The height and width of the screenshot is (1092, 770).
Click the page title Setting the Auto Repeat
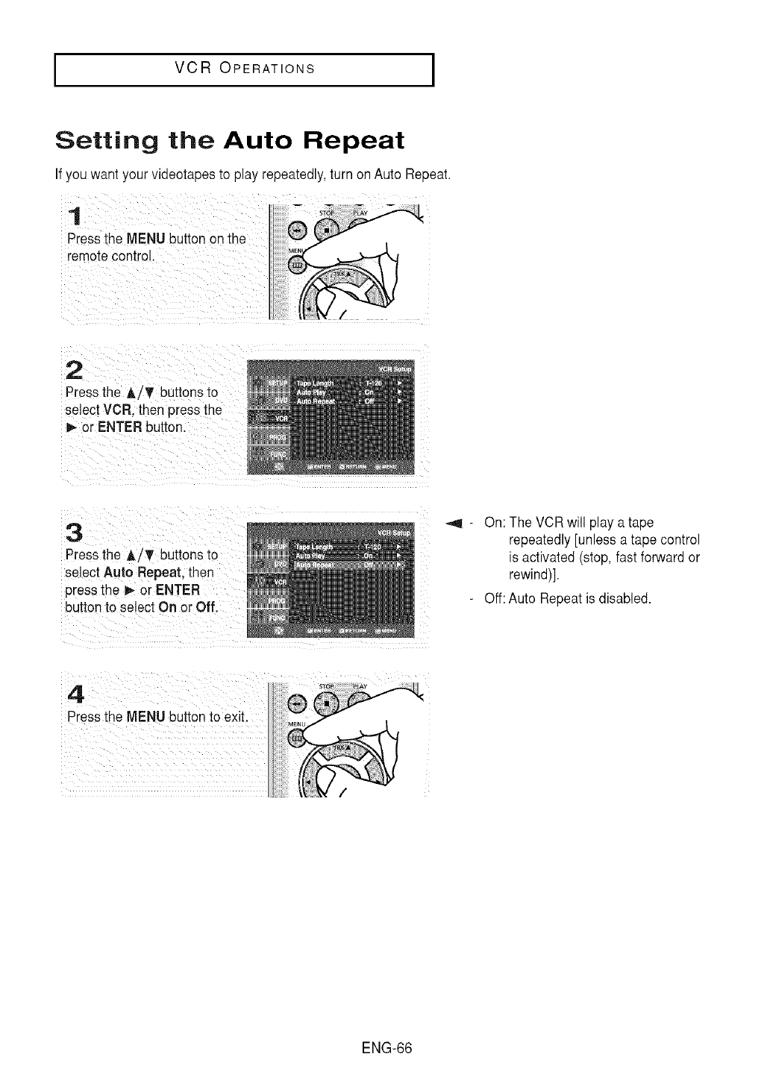coord(230,141)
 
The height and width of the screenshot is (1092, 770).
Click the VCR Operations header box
coord(244,70)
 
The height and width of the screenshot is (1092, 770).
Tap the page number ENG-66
coord(385,1046)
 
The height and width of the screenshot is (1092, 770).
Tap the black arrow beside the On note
coord(453,522)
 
